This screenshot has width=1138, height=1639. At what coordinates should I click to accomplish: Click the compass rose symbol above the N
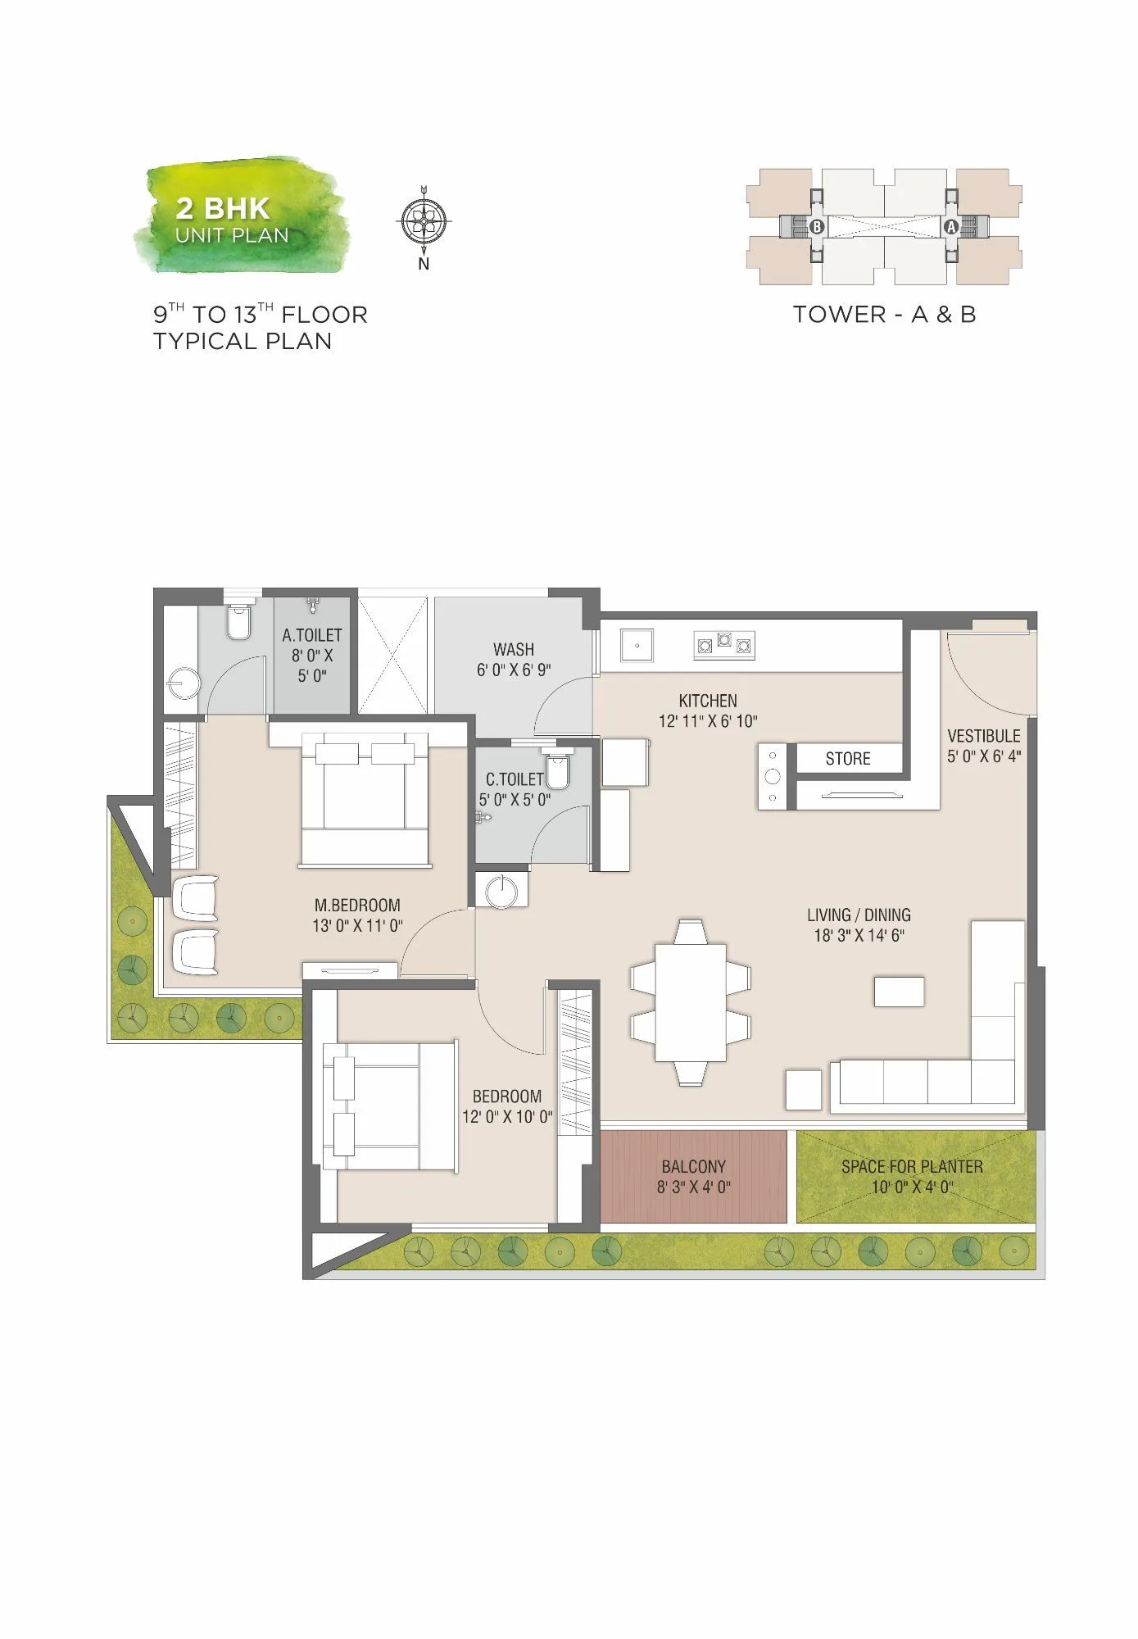pos(424,220)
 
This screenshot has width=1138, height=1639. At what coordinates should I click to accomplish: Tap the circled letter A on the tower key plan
pos(951,226)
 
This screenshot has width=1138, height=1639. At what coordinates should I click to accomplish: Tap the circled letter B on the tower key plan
pos(816,226)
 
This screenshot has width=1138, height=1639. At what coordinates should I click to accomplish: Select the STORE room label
pos(848,759)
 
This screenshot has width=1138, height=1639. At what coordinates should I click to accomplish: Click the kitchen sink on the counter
pos(637,645)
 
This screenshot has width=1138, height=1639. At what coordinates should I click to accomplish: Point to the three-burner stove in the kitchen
pos(723,644)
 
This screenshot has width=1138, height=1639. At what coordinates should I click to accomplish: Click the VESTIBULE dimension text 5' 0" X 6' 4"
pos(983,756)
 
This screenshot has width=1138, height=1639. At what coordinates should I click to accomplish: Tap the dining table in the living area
pos(691,1002)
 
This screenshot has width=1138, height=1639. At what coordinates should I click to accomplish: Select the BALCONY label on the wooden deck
pos(694,1166)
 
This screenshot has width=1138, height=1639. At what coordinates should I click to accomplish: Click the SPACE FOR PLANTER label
pos(912,1166)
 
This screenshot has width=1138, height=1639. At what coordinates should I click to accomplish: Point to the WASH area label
pos(514,649)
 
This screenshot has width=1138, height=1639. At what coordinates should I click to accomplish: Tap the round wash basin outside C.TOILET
pos(501,891)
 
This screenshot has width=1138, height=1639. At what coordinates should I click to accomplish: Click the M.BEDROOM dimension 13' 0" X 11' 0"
pos(357,926)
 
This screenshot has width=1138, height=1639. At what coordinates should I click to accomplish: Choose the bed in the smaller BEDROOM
pos(390,1106)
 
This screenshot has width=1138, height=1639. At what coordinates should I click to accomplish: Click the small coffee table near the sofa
pos(899,992)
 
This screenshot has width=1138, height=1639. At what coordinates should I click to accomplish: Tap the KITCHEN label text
pos(708,701)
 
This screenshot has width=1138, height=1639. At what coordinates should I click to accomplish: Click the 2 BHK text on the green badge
pos(223,208)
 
